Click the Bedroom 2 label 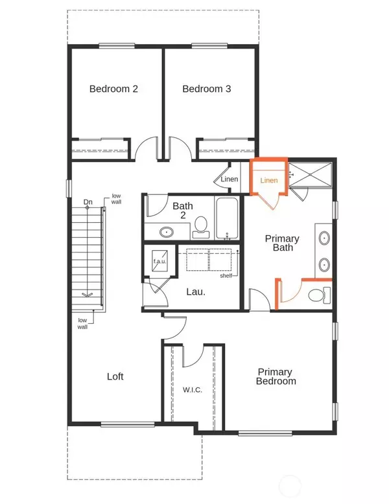[113, 89]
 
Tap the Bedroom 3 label [207, 89]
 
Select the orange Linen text [269, 180]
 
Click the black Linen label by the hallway [230, 179]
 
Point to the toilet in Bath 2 [201, 227]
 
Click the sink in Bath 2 [167, 231]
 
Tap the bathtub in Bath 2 [227, 218]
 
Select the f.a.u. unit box [159, 260]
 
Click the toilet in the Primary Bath [319, 295]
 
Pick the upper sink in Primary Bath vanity [324, 238]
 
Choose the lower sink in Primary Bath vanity [324, 265]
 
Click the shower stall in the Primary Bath [310, 174]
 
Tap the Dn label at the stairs [88, 202]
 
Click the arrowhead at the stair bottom [87, 294]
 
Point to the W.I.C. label [193, 390]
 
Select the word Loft [115, 376]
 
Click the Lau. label [196, 292]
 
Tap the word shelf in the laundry [226, 276]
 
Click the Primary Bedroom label [276, 376]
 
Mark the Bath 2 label [183, 211]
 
